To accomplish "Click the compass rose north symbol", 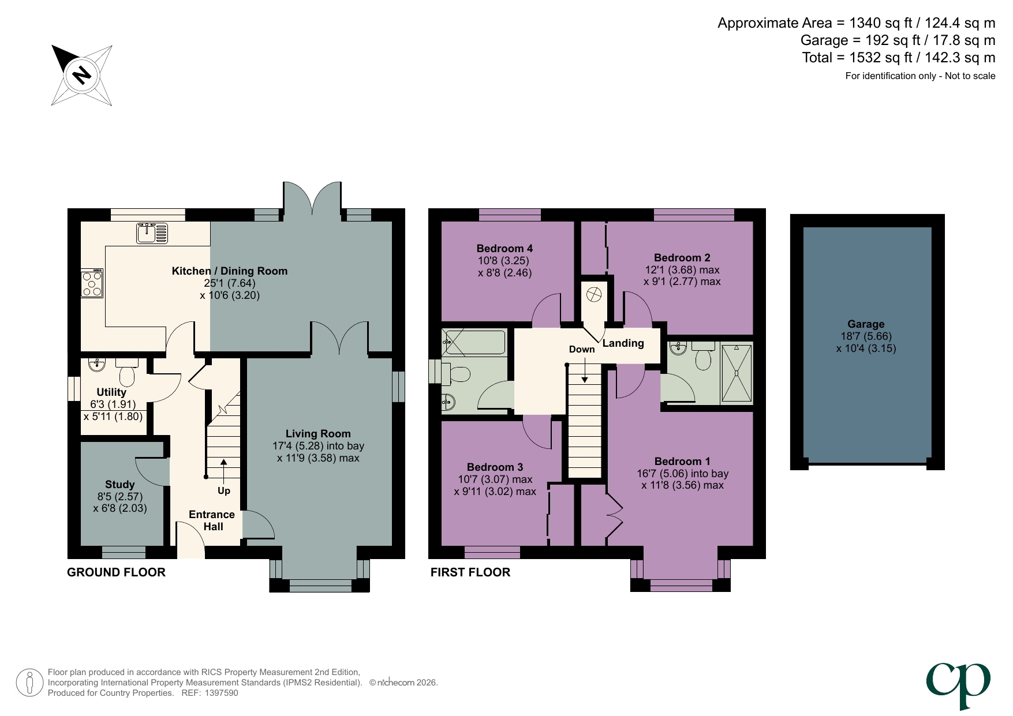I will [x=81, y=75].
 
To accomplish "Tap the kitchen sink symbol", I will [x=152, y=233].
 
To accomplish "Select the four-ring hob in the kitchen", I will [x=92, y=283].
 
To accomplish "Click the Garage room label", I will [x=865, y=324].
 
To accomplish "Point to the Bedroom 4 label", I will [x=504, y=249].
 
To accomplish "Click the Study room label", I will [x=119, y=485].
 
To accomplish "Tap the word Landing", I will [x=623, y=343].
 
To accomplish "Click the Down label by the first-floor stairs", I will [x=581, y=350].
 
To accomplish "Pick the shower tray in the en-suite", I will [x=737, y=373].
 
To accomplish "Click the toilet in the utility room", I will [x=127, y=372].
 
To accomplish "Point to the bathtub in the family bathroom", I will [x=474, y=342].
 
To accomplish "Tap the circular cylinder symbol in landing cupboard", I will [x=593, y=295].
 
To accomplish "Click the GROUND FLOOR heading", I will [x=116, y=572].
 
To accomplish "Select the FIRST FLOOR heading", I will [x=470, y=572].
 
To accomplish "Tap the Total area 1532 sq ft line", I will [x=898, y=58].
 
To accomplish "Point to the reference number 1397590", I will [x=221, y=693].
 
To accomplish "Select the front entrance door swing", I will [x=189, y=538].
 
